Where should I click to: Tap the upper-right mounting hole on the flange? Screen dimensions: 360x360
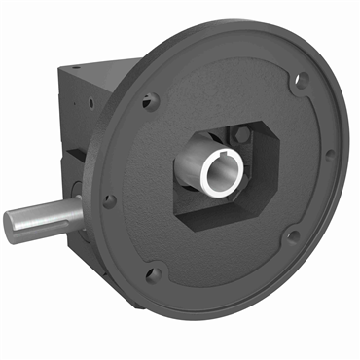[x=303, y=81]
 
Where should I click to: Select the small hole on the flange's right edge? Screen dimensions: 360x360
[x=330, y=154]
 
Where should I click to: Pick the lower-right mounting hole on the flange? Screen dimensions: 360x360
[x=293, y=234]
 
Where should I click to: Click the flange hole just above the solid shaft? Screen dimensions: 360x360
[x=110, y=200]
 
